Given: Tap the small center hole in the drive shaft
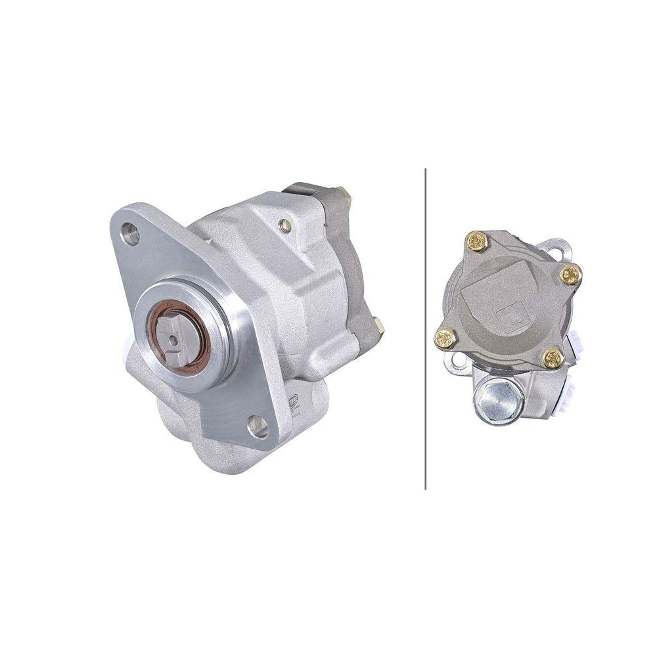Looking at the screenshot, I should [x=172, y=340].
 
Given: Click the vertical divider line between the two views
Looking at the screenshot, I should [x=426, y=328].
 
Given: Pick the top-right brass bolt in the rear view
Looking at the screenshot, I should [x=570, y=275].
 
